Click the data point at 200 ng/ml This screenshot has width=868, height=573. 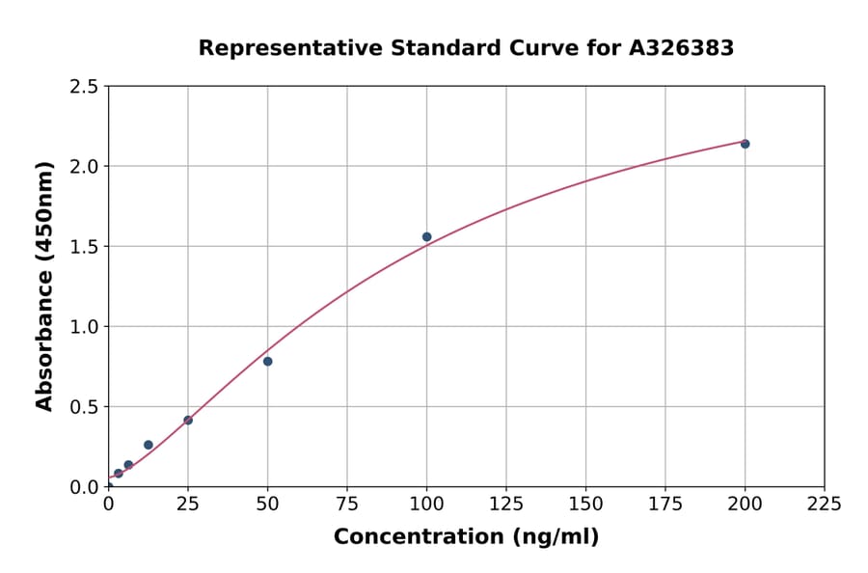[x=745, y=144]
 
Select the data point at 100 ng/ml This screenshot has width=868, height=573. [x=426, y=236]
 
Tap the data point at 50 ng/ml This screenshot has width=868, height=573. [x=267, y=361]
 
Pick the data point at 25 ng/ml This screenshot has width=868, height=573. [x=188, y=420]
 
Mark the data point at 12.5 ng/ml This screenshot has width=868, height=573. [x=148, y=445]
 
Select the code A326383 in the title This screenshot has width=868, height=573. [x=682, y=48]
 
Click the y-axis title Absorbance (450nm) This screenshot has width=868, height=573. [x=44, y=286]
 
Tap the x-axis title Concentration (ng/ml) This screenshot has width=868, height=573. [x=466, y=537]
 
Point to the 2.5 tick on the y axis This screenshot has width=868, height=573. [x=84, y=87]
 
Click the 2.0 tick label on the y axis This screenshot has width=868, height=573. [x=84, y=167]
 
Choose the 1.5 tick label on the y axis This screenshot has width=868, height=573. [x=84, y=247]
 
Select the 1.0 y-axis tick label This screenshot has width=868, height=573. [x=84, y=327]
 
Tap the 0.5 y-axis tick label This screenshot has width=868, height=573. [x=84, y=407]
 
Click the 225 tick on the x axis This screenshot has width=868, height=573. [x=825, y=504]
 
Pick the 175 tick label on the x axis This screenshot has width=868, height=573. [x=665, y=504]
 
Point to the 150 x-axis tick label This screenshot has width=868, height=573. [x=585, y=504]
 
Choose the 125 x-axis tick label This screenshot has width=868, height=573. [x=505, y=504]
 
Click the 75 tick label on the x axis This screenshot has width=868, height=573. [x=347, y=504]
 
